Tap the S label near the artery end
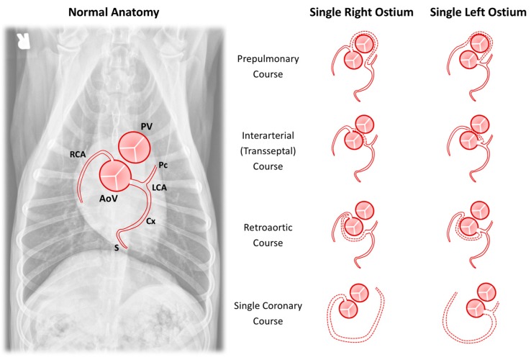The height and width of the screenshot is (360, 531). click(117, 247)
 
